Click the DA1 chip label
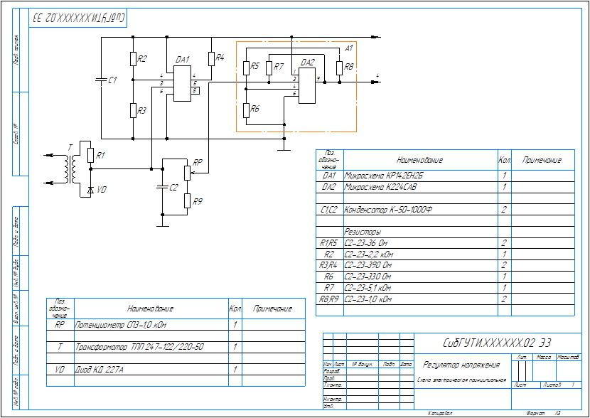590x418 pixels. coord(181,60)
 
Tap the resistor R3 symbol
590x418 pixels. coord(133,110)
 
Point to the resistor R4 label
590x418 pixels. coord(220,57)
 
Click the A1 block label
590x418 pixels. coord(348,49)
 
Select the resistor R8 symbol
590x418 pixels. coord(339,68)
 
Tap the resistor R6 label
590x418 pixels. coord(255,109)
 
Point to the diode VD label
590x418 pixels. coord(102,190)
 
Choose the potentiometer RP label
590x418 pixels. coord(198,162)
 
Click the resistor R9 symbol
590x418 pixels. coord(186,202)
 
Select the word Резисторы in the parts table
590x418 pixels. coord(363,232)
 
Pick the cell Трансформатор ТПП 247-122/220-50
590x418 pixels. coord(139,348)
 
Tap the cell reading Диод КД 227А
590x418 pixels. coord(100,370)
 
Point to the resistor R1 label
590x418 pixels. coord(100,155)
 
